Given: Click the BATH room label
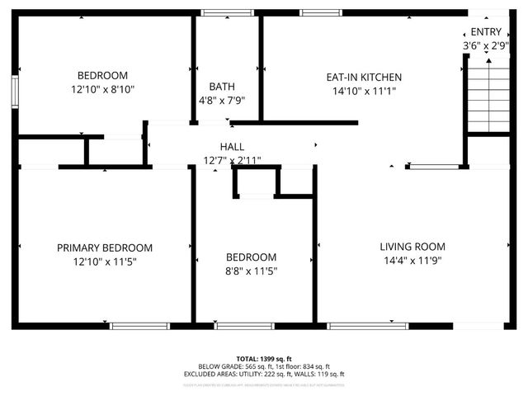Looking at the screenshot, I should pyautogui.click(x=220, y=86).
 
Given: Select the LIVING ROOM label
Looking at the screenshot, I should pyautogui.click(x=412, y=247).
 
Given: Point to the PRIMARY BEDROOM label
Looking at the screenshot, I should pyautogui.click(x=105, y=247).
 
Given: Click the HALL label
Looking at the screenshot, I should pyautogui.click(x=232, y=146).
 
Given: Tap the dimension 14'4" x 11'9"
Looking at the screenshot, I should pyautogui.click(x=412, y=261).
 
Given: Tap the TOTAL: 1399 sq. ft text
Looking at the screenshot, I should pyautogui.click(x=264, y=359).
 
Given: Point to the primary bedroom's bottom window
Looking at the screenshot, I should pyautogui.click(x=134, y=326).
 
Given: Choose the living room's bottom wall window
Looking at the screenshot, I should pyautogui.click(x=367, y=326).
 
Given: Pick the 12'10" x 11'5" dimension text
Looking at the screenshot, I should pyautogui.click(x=105, y=262).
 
